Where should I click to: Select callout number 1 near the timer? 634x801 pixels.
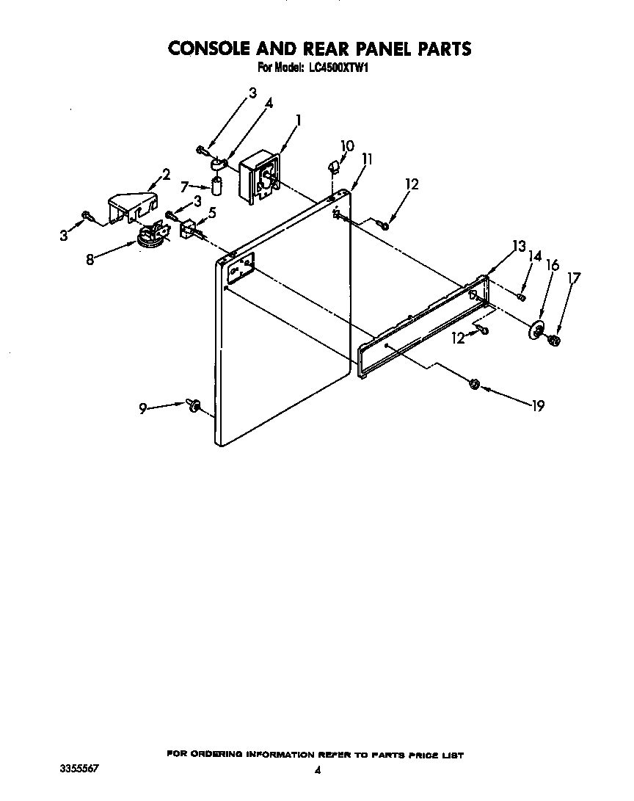point(298,120)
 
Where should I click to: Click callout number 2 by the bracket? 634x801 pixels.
point(166,175)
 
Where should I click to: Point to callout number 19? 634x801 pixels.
point(538,405)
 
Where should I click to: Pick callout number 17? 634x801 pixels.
point(574,278)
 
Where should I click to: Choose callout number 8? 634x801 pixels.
point(90,259)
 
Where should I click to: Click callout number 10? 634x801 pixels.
point(347,146)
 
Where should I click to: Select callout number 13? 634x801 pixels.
point(519,247)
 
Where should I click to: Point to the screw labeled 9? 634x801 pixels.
point(194,405)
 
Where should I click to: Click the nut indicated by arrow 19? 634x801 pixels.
point(474,384)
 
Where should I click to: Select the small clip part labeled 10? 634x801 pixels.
point(333,167)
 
